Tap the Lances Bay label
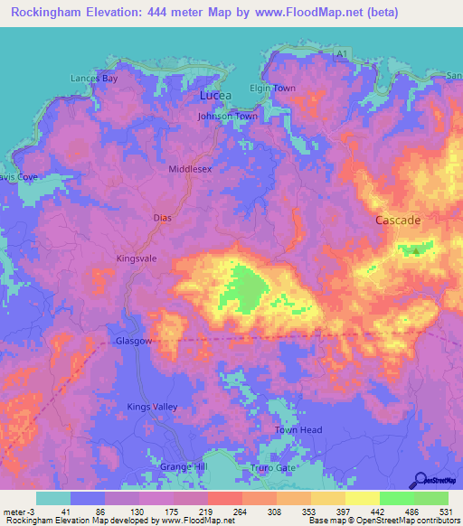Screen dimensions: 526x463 tap(95, 79)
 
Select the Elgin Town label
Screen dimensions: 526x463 tap(272, 89)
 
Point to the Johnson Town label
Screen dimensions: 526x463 tap(228, 117)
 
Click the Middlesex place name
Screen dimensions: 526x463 tap(190, 169)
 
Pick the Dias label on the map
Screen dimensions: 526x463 tap(162, 219)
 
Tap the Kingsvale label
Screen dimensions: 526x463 tap(137, 258)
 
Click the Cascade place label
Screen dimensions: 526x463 tap(398, 221)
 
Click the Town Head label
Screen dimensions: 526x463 tap(298, 430)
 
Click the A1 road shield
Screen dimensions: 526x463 tap(340, 56)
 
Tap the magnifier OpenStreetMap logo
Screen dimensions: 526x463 tap(420, 481)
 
